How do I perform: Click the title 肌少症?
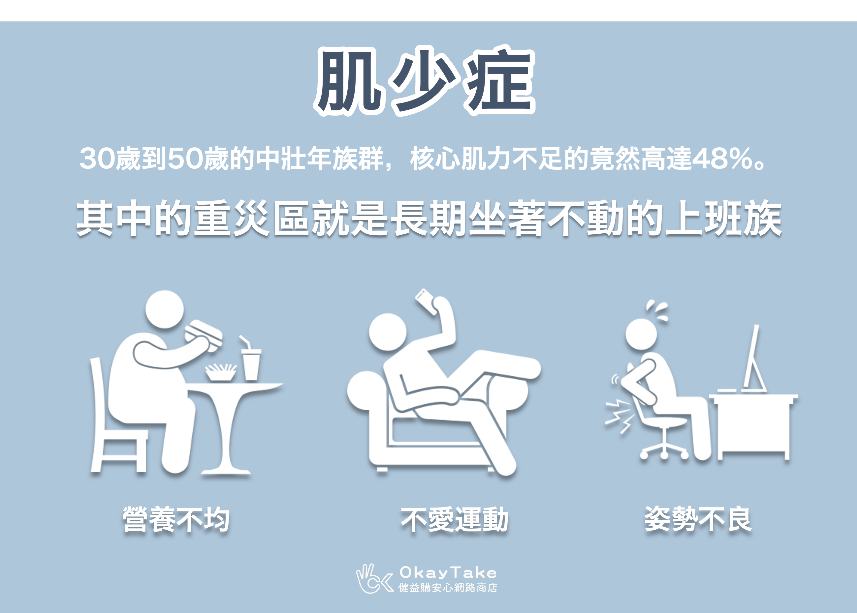[424, 81]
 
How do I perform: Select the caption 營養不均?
[176, 520]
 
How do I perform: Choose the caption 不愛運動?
[454, 520]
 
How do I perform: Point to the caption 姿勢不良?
[698, 519]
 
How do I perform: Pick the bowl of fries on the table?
[221, 372]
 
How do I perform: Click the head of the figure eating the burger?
[165, 309]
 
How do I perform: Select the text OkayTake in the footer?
[448, 572]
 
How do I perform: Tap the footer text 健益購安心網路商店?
[448, 588]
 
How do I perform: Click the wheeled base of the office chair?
[664, 451]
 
